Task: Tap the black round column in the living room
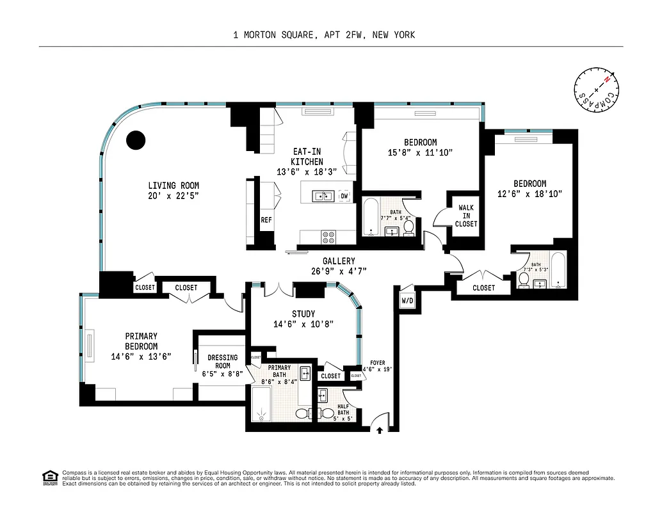coord(136,140)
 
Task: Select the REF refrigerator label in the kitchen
coord(266,220)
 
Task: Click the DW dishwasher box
coord(344,196)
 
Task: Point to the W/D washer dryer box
coord(407,300)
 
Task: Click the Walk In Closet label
coord(466,216)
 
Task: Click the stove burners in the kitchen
coord(328,236)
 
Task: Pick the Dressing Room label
coord(222,362)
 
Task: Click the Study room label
coord(303,314)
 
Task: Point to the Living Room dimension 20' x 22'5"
coord(172,196)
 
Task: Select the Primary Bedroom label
coord(141,341)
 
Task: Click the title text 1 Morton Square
coord(324,35)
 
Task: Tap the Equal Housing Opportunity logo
coord(49,477)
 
